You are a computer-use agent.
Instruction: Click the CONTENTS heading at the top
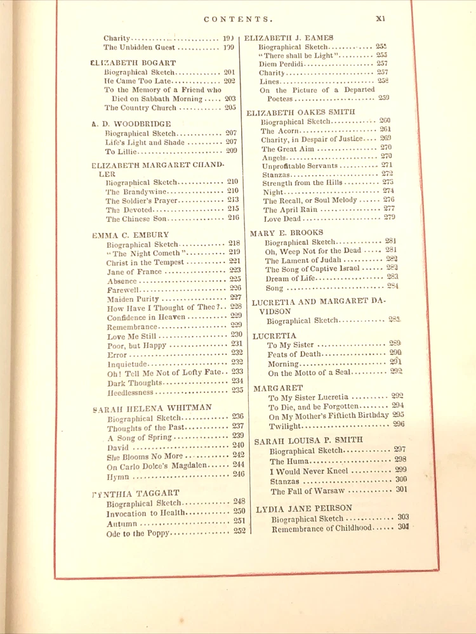click(x=239, y=20)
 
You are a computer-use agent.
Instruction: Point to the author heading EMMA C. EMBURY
click(x=131, y=234)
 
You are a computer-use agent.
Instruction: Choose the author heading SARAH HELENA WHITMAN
click(x=152, y=408)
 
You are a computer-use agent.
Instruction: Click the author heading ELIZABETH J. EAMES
click(x=289, y=38)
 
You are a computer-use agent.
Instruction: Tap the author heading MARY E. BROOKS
click(x=286, y=233)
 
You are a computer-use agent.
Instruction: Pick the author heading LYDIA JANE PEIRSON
click(x=304, y=508)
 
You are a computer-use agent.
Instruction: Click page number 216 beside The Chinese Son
click(x=234, y=217)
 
